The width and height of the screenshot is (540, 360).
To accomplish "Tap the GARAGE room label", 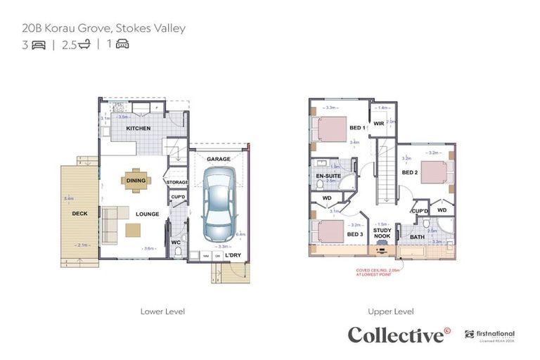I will point(218,160).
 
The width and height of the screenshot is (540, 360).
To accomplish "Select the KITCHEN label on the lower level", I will point(138,129).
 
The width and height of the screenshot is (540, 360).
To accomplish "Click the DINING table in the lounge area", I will point(136,181).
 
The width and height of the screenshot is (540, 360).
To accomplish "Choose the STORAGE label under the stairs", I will point(177,181).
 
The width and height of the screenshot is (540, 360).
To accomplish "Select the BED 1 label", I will point(356,127).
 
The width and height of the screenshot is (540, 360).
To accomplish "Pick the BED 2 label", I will point(410,172).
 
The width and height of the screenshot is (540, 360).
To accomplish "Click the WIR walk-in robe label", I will point(378,123).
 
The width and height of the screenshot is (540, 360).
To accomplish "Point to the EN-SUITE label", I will point(328,176).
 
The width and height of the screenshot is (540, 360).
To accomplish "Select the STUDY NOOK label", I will point(382,233).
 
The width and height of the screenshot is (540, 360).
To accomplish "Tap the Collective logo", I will point(399,335).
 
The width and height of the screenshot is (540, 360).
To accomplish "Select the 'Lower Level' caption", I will point(162,310).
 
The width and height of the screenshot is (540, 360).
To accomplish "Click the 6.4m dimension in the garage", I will point(241,234).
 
